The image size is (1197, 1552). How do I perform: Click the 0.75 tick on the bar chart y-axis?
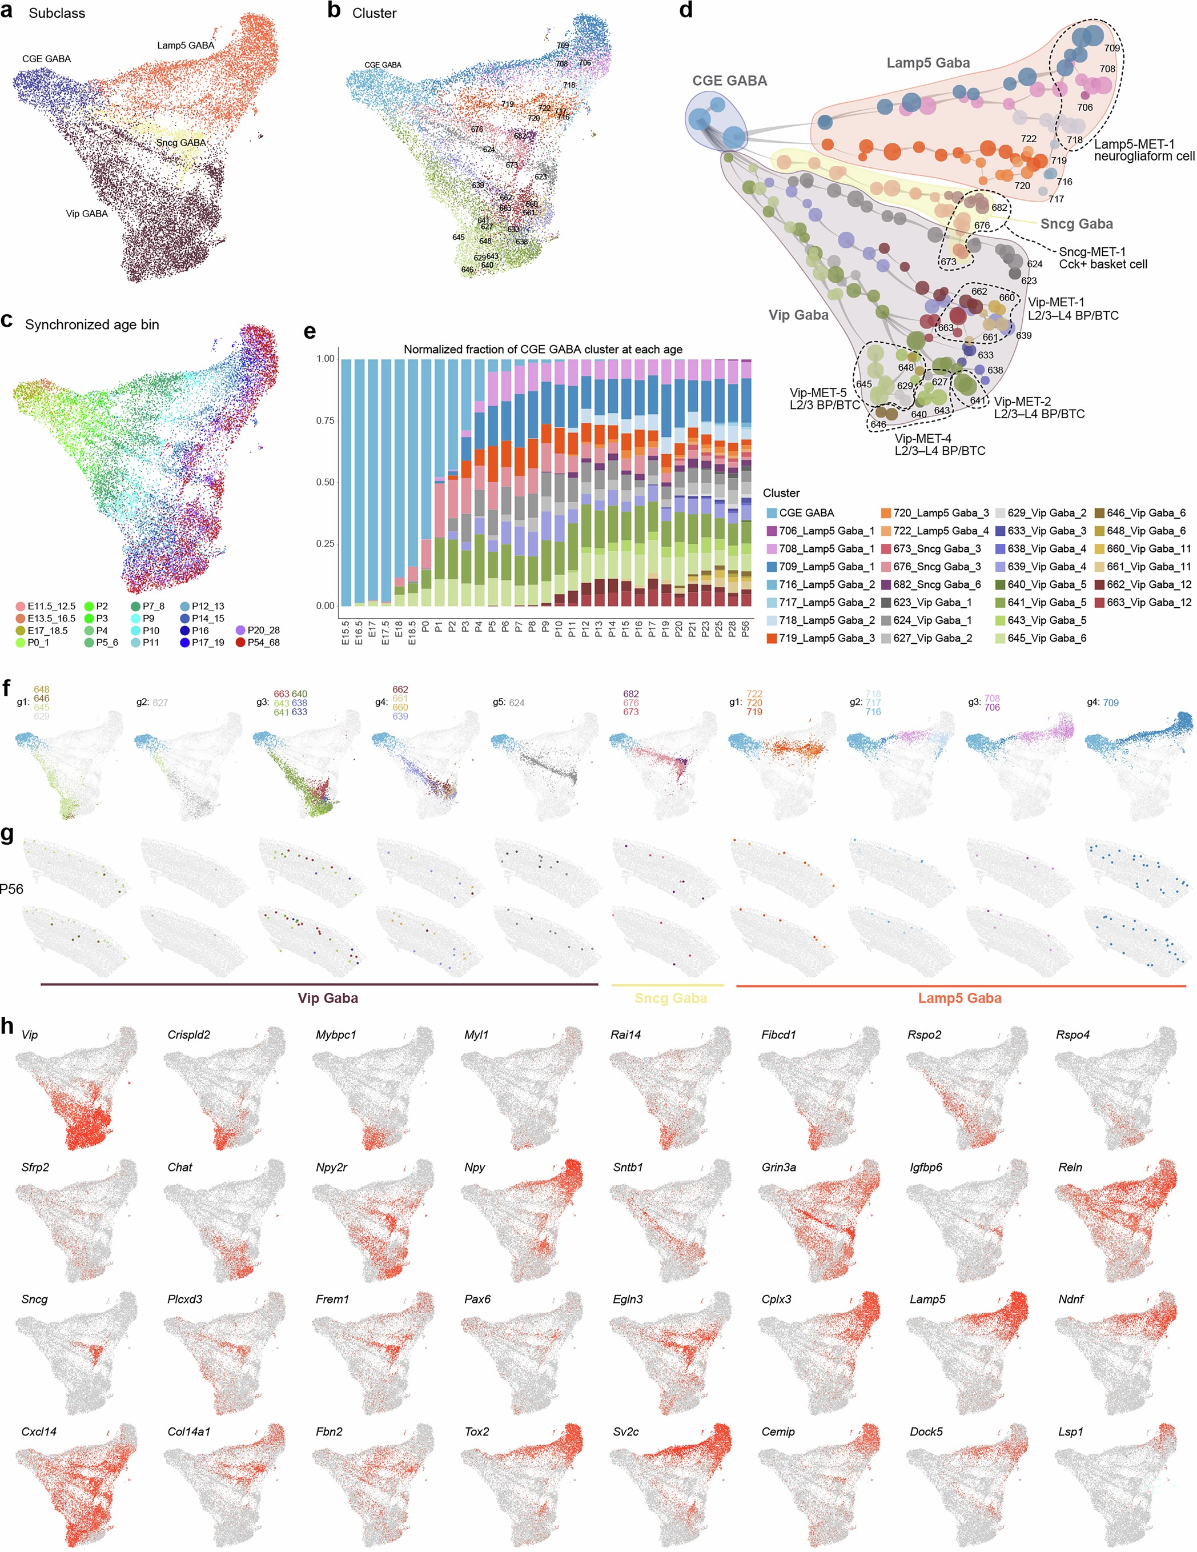(x=326, y=420)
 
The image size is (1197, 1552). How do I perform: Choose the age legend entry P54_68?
(x=262, y=643)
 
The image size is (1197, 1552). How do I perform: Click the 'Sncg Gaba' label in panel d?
(x=1077, y=224)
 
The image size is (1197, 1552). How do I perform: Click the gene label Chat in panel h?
(x=180, y=1167)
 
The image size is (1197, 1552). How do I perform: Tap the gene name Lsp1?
(x=1070, y=1431)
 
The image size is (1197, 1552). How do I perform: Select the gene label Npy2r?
(x=331, y=1167)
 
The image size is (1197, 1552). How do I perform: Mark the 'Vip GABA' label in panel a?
(x=87, y=213)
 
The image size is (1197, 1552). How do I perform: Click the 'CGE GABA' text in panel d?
(x=730, y=81)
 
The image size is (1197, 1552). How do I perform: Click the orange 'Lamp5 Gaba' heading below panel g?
(x=959, y=998)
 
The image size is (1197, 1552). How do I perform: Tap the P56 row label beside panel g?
(x=11, y=888)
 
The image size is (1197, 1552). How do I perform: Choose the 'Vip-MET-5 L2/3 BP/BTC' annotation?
(x=824, y=399)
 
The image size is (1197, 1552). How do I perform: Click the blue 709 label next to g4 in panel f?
(x=1110, y=703)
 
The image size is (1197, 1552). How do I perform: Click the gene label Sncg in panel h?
(x=34, y=1299)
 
